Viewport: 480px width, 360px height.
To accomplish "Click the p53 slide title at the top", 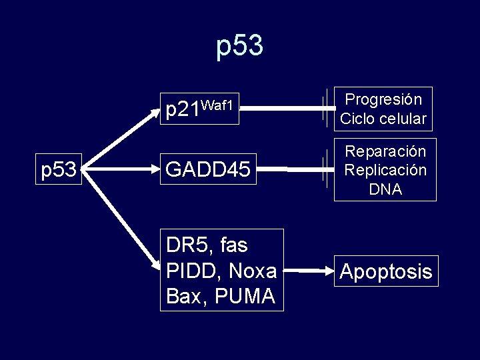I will (x=240, y=46).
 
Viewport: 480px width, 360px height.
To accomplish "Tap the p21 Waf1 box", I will (x=199, y=107).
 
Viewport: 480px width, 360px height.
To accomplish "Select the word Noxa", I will (x=251, y=270).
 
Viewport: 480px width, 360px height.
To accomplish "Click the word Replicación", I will (x=385, y=170).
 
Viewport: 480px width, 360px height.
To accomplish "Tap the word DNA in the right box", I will (x=385, y=189).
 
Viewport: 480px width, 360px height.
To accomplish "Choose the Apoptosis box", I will (x=386, y=271).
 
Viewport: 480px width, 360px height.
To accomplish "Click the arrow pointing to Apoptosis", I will (x=313, y=271).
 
